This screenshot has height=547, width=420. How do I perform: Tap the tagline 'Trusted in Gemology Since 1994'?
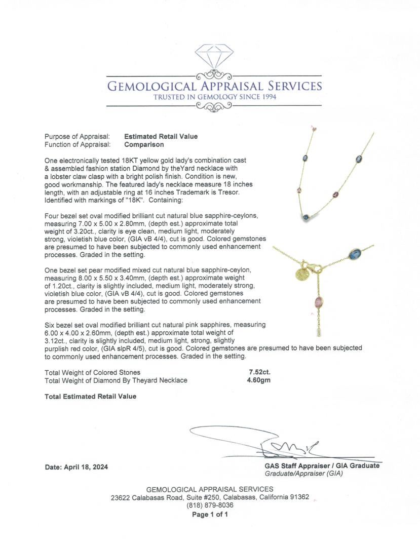[215, 97]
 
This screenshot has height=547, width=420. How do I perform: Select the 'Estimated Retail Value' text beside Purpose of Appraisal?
[161, 136]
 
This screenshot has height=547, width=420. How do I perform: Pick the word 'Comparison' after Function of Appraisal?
[144, 144]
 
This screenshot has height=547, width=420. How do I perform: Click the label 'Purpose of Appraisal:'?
[77, 136]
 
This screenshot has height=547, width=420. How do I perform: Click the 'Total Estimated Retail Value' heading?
[90, 397]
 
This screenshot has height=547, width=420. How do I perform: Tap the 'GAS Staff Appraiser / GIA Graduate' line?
[321, 466]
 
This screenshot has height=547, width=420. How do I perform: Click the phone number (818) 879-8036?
[210, 505]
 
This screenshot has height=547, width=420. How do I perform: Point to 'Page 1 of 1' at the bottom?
[210, 515]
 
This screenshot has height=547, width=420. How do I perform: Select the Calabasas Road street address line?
[210, 497]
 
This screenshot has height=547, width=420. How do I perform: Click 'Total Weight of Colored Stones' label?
[93, 372]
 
